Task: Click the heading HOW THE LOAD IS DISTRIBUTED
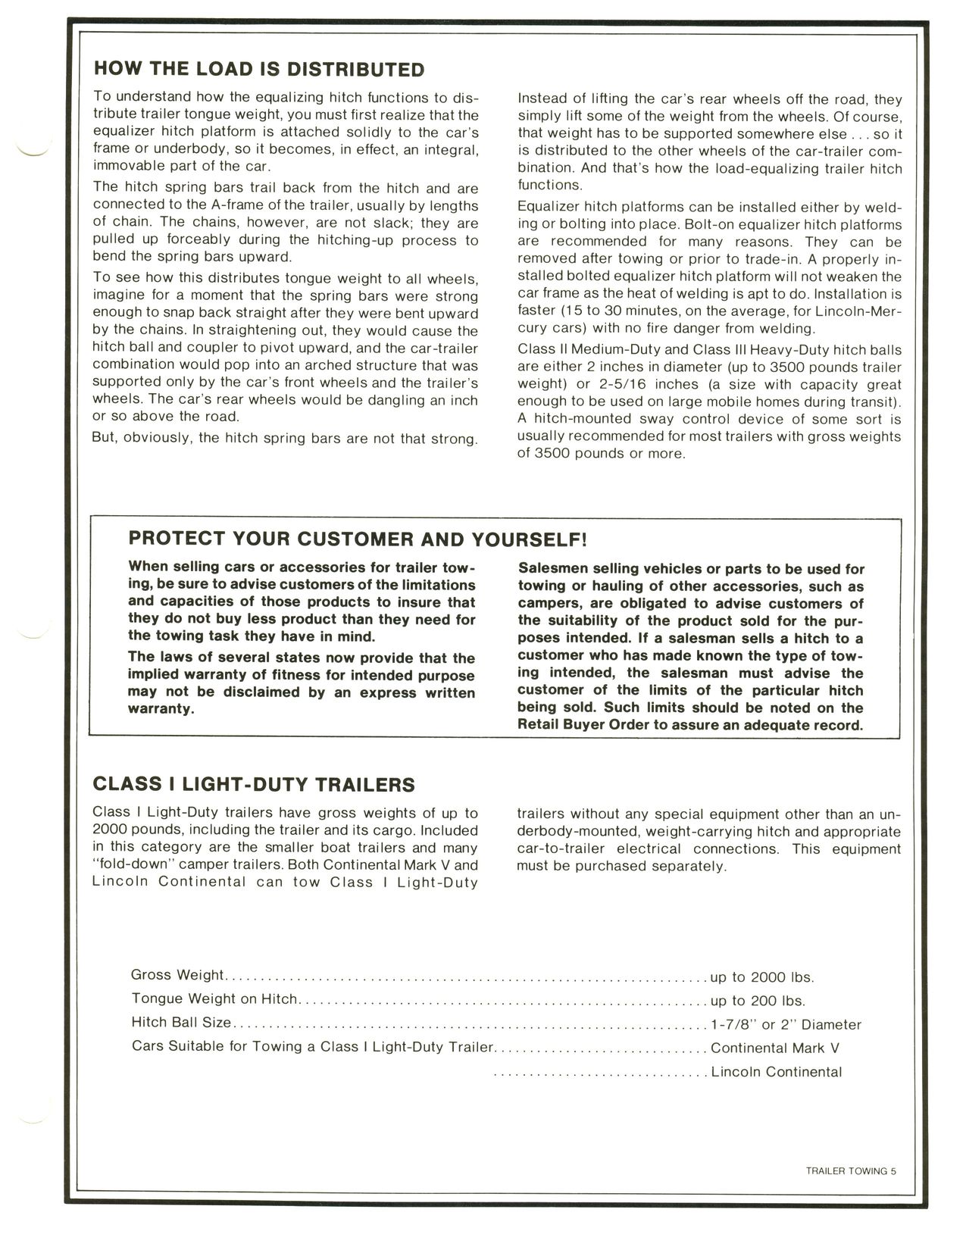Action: (258, 70)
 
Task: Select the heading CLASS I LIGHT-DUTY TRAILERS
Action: (253, 784)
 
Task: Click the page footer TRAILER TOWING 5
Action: (851, 1170)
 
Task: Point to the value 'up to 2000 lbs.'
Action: (761, 977)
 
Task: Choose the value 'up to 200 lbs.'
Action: (757, 1001)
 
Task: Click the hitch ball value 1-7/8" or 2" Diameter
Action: (786, 1025)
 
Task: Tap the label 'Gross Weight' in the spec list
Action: (177, 975)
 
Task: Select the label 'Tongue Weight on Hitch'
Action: (214, 999)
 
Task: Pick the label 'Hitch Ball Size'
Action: (181, 1023)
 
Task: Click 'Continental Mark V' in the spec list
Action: (774, 1048)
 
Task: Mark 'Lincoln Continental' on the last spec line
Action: (776, 1072)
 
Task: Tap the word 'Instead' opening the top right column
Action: (542, 99)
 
